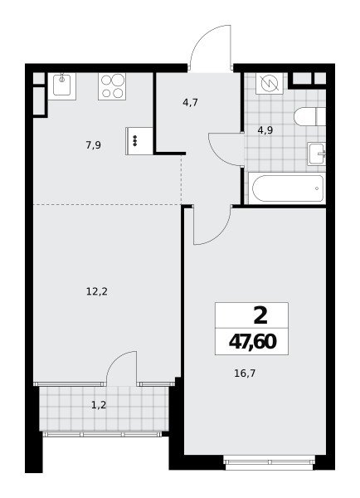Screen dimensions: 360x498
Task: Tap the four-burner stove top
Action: coord(112,86)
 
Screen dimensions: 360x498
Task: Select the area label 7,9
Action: coord(94,145)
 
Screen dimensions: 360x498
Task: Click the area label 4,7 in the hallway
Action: coord(191,103)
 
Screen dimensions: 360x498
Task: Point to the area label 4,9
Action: coord(265,130)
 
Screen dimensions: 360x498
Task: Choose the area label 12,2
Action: coord(97,291)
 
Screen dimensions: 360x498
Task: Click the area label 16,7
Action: coord(245,373)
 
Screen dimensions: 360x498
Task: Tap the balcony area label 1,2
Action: coord(99,405)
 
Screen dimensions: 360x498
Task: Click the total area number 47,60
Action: coord(253,342)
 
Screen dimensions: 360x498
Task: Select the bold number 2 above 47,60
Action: coord(260,316)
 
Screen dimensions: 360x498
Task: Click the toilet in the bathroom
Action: coord(310,116)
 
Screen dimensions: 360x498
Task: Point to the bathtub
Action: coord(287,188)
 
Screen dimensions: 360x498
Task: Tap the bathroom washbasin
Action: coord(317,154)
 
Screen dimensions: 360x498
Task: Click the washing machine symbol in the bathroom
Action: coord(270,83)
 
